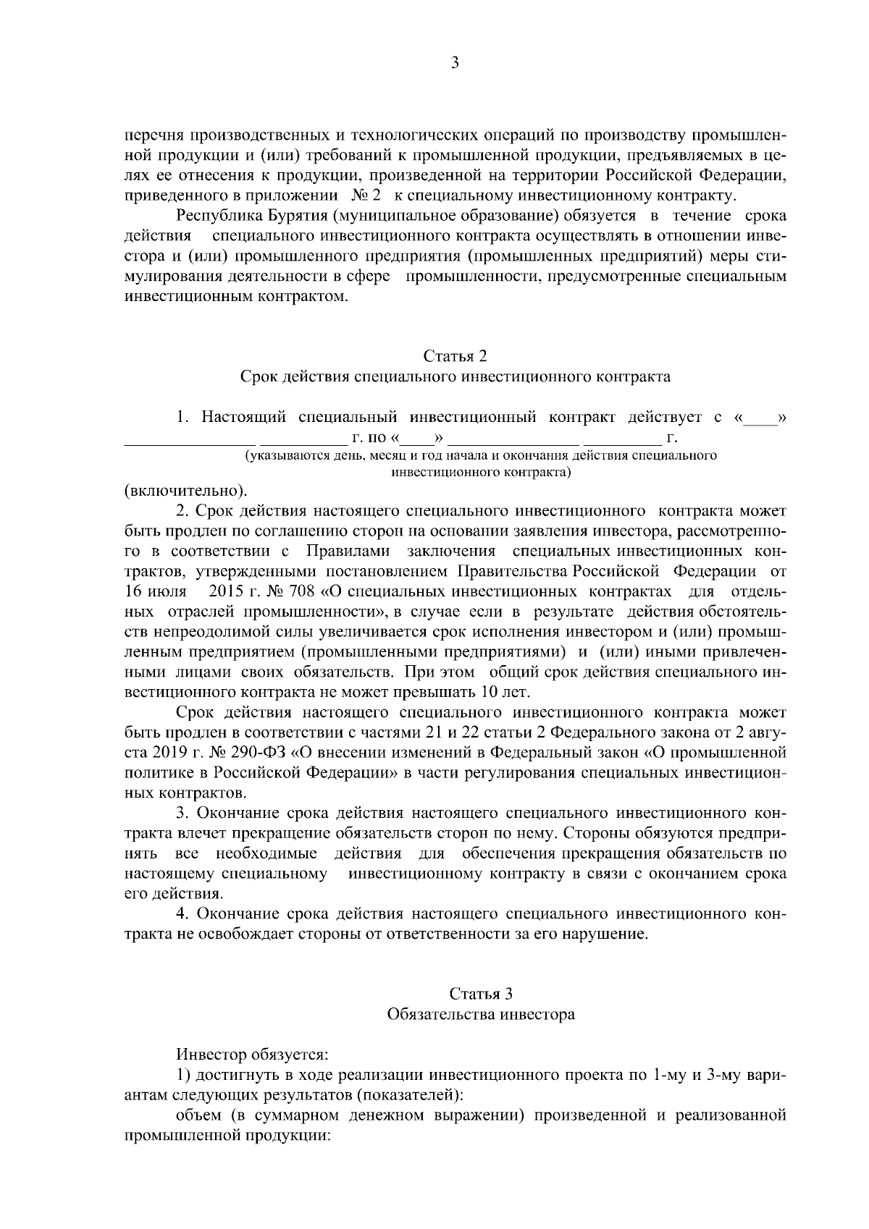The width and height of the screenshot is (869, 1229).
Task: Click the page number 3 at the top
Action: pyautogui.click(x=455, y=63)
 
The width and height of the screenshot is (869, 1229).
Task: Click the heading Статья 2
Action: pyautogui.click(x=455, y=356)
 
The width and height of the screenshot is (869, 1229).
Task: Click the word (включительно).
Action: pyautogui.click(x=185, y=491)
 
